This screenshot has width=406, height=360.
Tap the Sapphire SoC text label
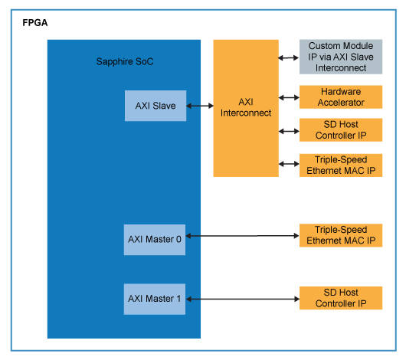click(x=125, y=61)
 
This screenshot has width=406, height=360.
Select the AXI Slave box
click(x=156, y=106)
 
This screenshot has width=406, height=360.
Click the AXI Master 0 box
click(x=155, y=239)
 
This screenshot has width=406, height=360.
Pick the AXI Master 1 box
click(x=155, y=298)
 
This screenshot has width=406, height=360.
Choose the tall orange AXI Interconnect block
click(x=246, y=108)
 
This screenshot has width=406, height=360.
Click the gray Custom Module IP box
click(x=340, y=57)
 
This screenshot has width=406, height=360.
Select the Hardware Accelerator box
click(x=340, y=97)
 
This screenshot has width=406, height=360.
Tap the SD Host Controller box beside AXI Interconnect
click(x=340, y=130)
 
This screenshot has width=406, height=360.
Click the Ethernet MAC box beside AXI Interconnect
click(x=340, y=165)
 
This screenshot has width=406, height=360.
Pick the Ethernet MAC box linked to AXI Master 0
click(x=340, y=236)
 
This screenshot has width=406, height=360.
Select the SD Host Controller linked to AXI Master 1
click(x=340, y=298)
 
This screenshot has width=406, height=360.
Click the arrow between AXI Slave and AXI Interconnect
click(x=199, y=106)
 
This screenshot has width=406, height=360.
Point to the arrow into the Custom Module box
click(x=289, y=57)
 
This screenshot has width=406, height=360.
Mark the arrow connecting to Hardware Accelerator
click(x=289, y=97)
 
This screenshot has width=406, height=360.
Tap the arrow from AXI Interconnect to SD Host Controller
click(x=289, y=131)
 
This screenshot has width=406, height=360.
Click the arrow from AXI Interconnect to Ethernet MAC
click(x=289, y=164)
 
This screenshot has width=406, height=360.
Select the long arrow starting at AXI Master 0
click(x=242, y=236)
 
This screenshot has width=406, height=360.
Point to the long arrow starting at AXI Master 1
click(x=242, y=298)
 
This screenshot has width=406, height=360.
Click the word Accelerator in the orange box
click(x=340, y=102)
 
